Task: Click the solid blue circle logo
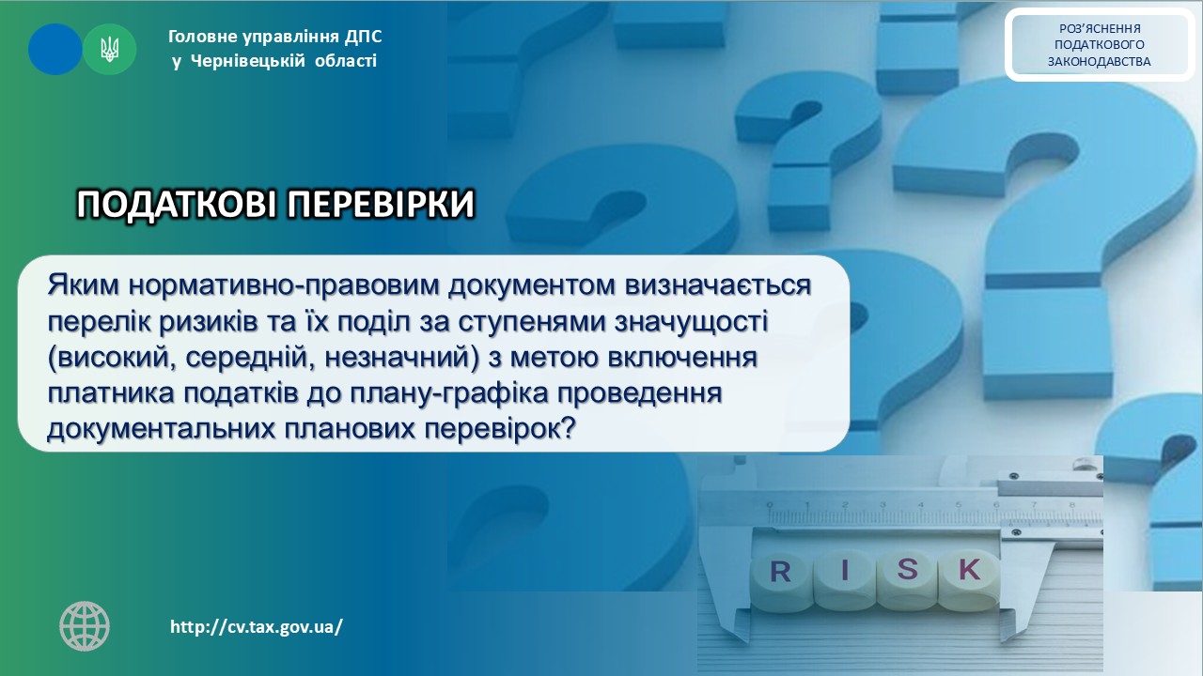click(55, 50)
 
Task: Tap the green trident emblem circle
click(110, 50)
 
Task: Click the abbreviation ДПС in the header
click(364, 37)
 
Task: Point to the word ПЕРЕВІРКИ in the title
click(382, 205)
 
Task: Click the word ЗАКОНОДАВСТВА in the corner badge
click(1099, 62)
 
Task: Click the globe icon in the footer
click(85, 626)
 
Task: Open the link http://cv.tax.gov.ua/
click(257, 626)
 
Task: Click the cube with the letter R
click(781, 582)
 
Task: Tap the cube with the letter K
click(968, 578)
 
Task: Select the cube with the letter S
click(907, 579)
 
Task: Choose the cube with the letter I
click(845, 580)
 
